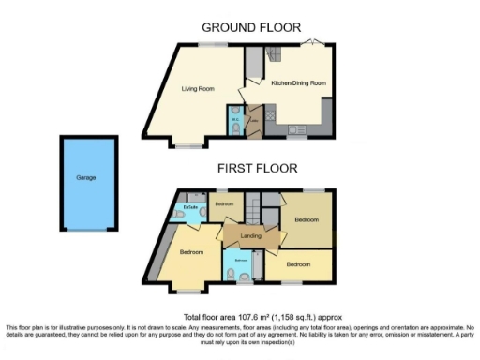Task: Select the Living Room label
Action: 198,89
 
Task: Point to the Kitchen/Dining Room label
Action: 298,83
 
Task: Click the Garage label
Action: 86,177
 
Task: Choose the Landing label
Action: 250,235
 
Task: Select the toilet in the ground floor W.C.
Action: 234,130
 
